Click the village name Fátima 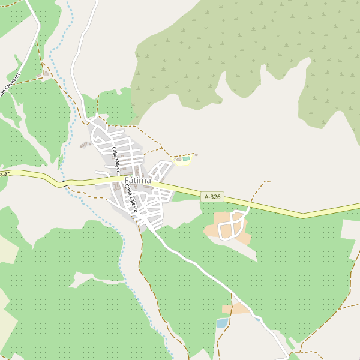coord(138,180)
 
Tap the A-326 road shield coord(212,197)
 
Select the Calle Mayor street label coord(116,158)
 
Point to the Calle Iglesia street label coord(131,198)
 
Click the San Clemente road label coord(10,84)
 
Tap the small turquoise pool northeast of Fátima coord(185,159)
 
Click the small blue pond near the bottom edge coord(222,323)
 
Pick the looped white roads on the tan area coord(233,226)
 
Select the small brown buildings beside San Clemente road coord(45,74)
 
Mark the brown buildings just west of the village coord(84,144)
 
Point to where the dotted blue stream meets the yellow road coord(62,182)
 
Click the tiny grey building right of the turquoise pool coord(196,155)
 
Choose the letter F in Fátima coord(127,180)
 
